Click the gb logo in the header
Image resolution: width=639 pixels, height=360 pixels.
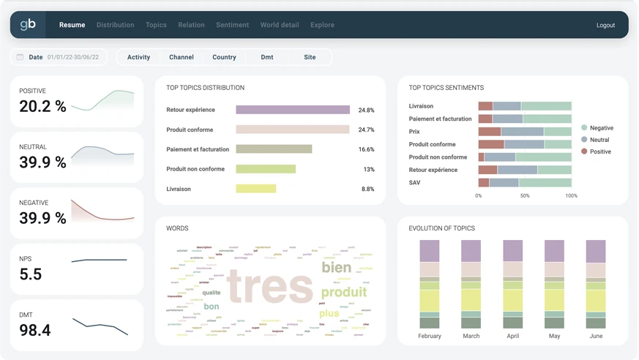click(x=28, y=25)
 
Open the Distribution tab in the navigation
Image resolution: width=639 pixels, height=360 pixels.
click(x=115, y=25)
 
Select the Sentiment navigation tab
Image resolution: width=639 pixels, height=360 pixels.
click(x=232, y=25)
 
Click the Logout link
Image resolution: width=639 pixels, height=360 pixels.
click(x=605, y=25)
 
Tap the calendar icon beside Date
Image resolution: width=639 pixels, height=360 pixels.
click(x=20, y=57)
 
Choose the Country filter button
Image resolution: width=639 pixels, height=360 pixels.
click(x=224, y=57)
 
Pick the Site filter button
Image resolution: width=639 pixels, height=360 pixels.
click(x=310, y=57)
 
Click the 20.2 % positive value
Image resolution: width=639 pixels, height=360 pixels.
click(x=42, y=107)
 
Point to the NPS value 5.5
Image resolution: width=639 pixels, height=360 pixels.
click(x=31, y=274)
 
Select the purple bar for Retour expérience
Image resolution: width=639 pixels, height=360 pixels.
click(x=293, y=110)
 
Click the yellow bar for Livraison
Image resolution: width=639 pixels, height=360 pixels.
click(x=255, y=189)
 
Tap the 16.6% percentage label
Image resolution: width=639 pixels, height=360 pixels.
click(x=366, y=149)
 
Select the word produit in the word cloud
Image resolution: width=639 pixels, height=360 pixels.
click(x=344, y=293)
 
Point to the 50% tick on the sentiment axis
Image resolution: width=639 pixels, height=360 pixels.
click(x=525, y=196)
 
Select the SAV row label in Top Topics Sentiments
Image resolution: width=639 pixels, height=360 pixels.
click(x=415, y=183)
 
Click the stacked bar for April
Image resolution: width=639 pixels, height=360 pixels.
click(x=512, y=284)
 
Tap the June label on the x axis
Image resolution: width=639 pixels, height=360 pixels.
click(x=596, y=336)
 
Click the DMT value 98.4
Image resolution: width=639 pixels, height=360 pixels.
click(x=34, y=331)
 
